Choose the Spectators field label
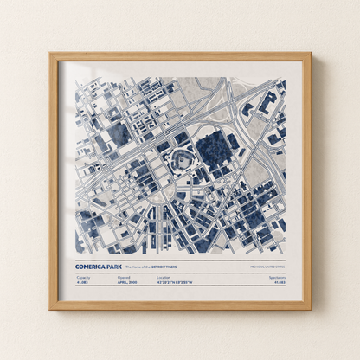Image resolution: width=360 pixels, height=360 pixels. [277, 277]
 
